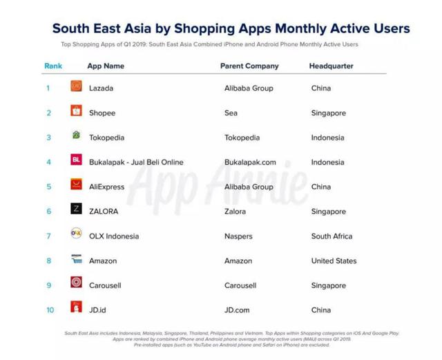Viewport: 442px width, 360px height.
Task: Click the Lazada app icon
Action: tap(76, 86)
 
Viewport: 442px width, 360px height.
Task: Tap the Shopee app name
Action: tap(102, 113)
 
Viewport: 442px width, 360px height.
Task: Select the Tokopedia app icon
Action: tap(76, 136)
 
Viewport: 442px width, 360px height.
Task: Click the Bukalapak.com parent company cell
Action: tap(250, 162)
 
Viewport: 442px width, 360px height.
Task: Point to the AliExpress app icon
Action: tap(76, 184)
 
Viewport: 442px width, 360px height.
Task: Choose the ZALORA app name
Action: tap(104, 211)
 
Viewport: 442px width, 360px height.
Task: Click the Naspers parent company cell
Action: tap(239, 236)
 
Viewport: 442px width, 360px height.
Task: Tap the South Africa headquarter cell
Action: tap(331, 236)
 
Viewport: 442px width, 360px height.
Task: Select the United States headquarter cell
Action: tap(334, 261)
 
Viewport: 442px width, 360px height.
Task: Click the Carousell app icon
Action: tap(76, 283)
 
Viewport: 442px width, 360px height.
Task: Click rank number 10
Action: tap(50, 310)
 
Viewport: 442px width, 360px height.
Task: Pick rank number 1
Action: tap(48, 88)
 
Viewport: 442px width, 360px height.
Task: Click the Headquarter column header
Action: tap(331, 66)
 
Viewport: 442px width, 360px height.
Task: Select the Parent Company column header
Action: tap(249, 66)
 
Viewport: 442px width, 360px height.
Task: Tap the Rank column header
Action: tap(52, 66)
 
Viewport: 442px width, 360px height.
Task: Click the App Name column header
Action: tap(106, 66)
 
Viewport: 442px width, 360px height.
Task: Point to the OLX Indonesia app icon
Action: tap(76, 234)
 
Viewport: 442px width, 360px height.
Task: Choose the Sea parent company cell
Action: tap(231, 113)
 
